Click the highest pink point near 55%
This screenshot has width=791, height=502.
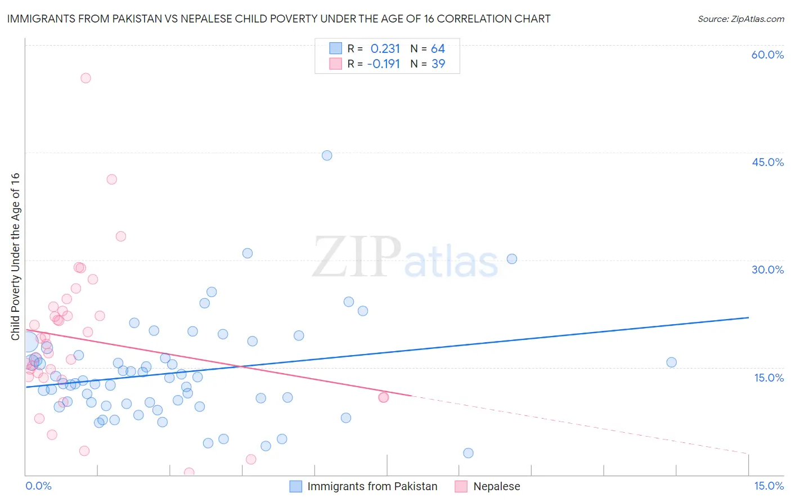coord(86,78)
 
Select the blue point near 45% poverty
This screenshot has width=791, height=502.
coord(327,155)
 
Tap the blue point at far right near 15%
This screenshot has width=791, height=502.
coord(671,362)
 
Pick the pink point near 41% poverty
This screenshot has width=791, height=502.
coord(111,180)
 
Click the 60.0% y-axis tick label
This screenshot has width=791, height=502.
coord(767,55)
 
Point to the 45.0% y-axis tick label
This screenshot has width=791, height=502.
coord(767,163)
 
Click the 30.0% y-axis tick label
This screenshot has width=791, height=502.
coord(767,270)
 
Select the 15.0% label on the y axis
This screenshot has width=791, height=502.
coord(768,378)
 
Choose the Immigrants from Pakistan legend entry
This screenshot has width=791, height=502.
coord(372,487)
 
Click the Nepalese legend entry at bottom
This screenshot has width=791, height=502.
coord(496,487)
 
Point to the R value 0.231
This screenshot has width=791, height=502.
coord(385,49)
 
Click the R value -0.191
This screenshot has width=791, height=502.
coord(383,64)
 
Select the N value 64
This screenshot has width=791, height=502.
coord(438,49)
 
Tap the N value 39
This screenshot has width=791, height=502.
coord(438,64)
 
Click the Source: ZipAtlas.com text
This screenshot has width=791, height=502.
coord(740,19)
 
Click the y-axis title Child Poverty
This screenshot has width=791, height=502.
coord(15,256)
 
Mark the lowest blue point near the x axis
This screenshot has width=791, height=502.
coord(468,453)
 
